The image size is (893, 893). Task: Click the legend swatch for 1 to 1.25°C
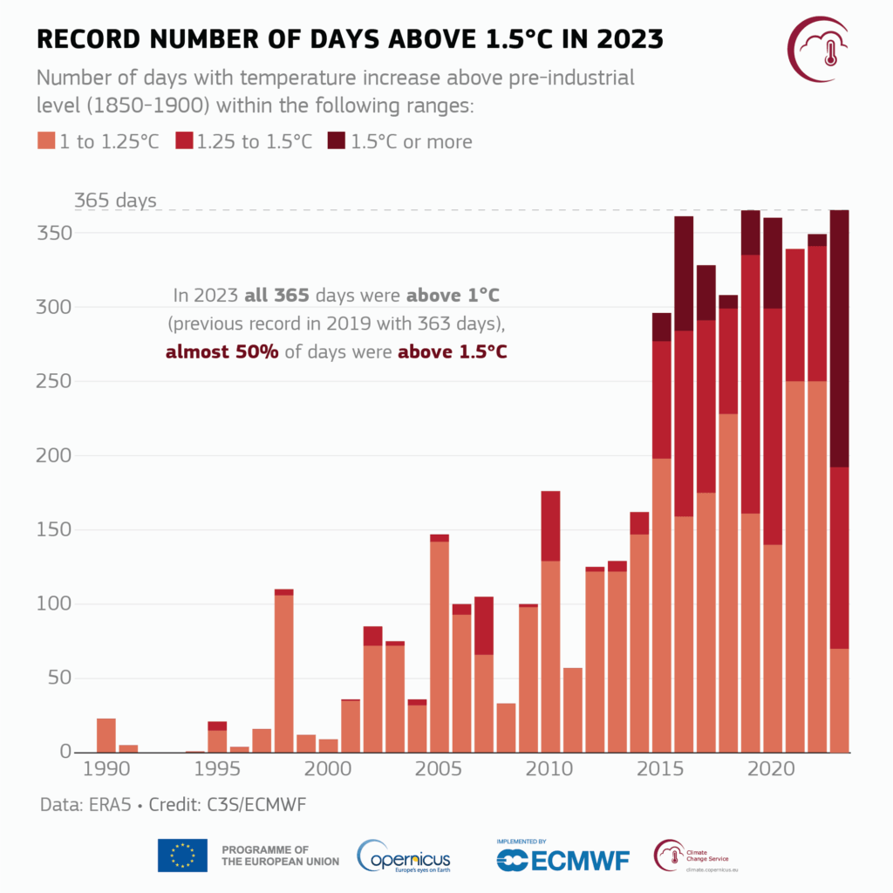[45, 141]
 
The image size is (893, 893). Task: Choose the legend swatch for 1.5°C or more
[337, 141]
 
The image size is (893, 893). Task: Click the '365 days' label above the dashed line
[115, 201]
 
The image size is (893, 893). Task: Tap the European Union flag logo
[182, 856]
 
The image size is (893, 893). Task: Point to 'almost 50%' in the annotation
[221, 352]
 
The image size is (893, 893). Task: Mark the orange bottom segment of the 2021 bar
[794, 567]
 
